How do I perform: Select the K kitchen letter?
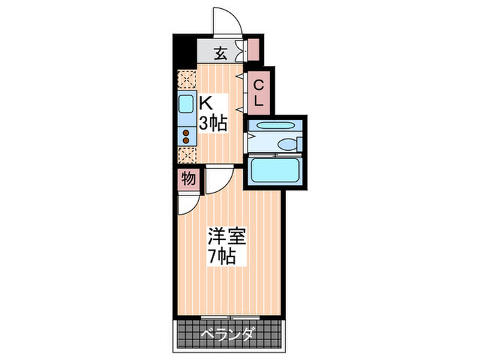click(x=205, y=104)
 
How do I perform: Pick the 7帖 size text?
click(x=223, y=257)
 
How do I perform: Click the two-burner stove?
click(x=187, y=136)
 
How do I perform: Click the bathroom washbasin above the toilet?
click(x=273, y=125)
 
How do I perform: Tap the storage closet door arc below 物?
click(x=188, y=204)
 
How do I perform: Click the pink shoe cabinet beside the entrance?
click(x=254, y=50)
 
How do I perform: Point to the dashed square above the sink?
click(x=187, y=79)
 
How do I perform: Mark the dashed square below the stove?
click(x=187, y=155)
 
